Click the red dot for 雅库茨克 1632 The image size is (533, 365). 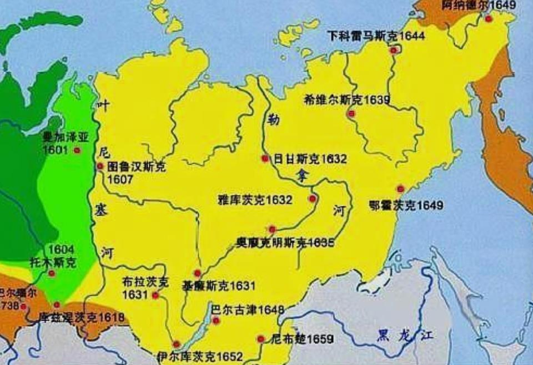(x=313, y=199)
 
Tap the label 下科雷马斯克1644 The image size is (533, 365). (x=375, y=36)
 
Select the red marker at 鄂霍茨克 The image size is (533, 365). (x=400, y=189)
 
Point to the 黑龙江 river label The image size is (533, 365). (x=404, y=334)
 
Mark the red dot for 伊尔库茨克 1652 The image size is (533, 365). (x=177, y=344)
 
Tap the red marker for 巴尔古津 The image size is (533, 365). (x=216, y=320)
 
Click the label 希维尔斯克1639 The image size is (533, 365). (x=346, y=100)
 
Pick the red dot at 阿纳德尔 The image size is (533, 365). (x=488, y=19)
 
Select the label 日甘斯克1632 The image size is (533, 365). (x=310, y=159)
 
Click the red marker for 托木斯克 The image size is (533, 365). (x=52, y=273)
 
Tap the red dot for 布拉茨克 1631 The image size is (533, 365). (x=155, y=296)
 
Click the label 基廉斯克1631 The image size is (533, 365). (x=219, y=286)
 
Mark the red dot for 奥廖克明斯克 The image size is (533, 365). (x=272, y=229)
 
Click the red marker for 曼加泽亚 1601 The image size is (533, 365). (x=77, y=150)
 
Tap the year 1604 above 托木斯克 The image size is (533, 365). (x=62, y=250)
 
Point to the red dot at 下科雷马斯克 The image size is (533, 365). (x=394, y=50)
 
